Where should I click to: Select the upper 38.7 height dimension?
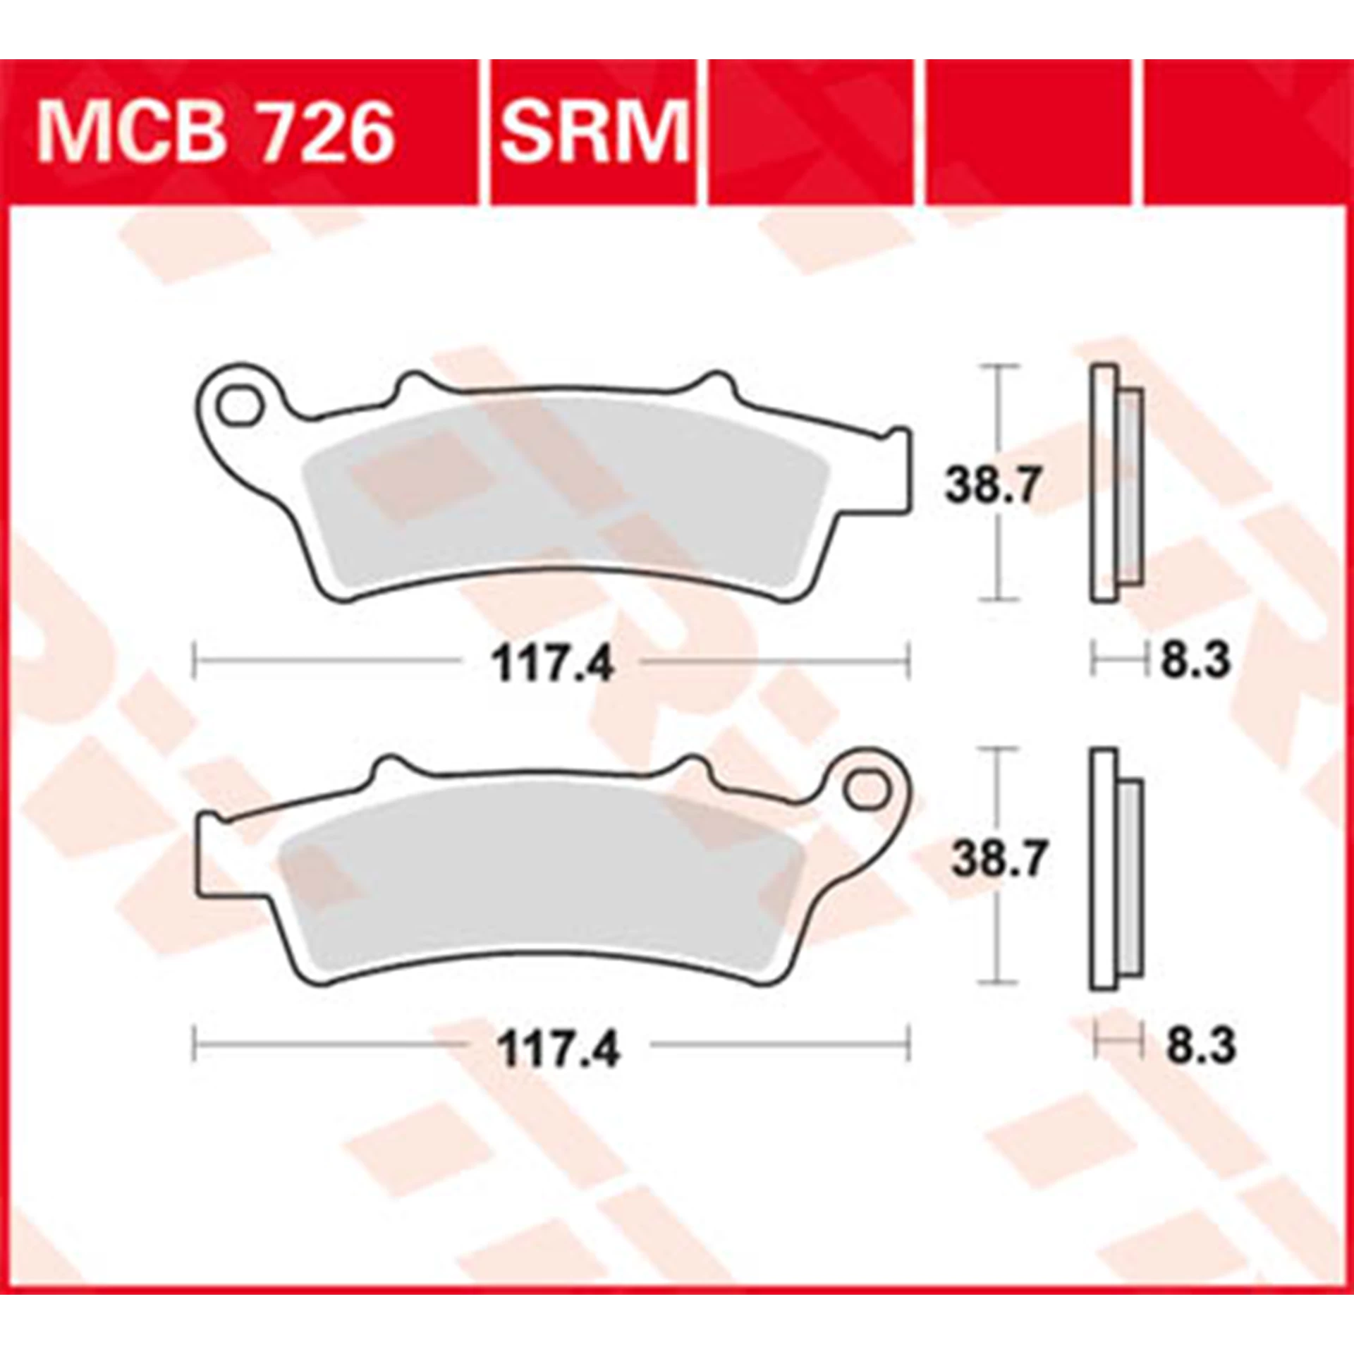point(992,485)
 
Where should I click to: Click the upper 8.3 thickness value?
point(1195,661)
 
